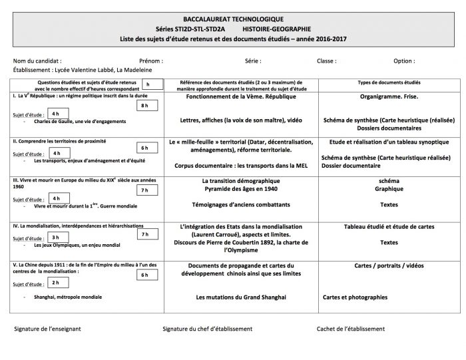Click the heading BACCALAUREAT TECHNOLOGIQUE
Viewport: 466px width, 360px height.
point(232,19)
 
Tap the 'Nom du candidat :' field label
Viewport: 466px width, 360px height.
point(38,61)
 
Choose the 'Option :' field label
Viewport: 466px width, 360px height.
point(405,61)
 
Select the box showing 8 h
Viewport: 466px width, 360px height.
point(145,106)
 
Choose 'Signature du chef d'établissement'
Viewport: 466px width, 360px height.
point(207,329)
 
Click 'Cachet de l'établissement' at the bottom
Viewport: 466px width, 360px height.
point(356,329)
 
